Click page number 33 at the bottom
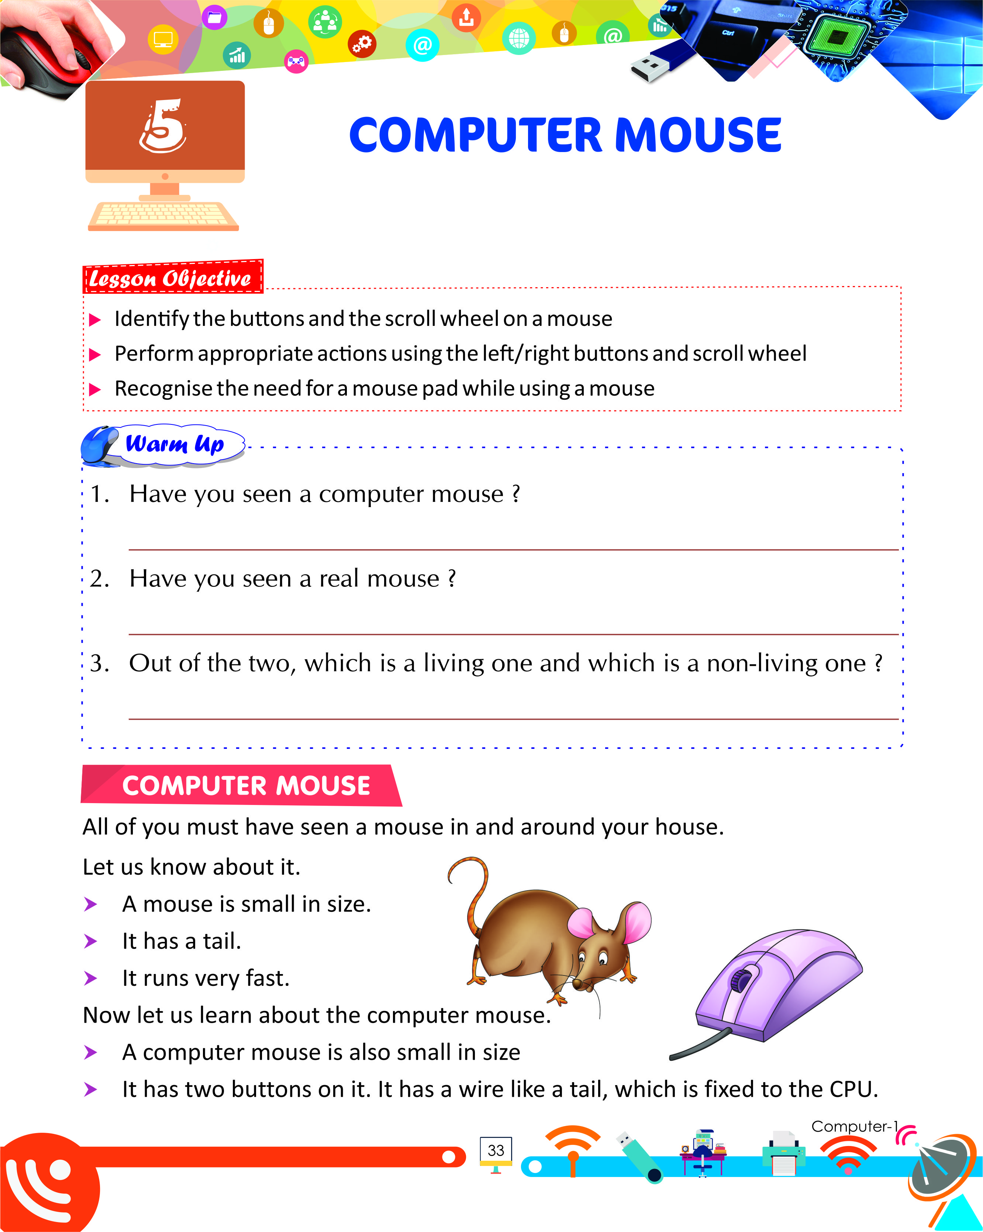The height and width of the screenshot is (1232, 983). click(496, 1150)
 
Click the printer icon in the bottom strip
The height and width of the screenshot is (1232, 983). click(784, 1152)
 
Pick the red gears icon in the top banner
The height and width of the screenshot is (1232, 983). click(362, 44)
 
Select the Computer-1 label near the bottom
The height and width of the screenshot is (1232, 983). click(853, 1126)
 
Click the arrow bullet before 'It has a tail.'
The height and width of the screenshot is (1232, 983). click(90, 941)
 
